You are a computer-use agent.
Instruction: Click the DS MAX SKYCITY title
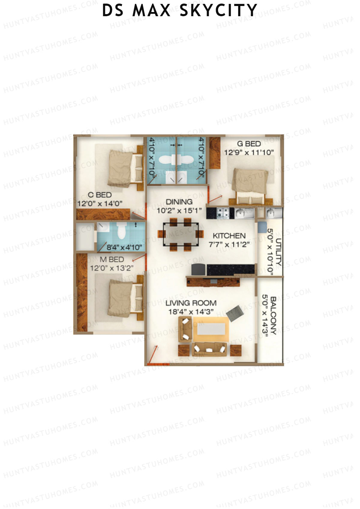pyautogui.click(x=179, y=10)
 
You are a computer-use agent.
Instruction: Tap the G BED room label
pyautogui.click(x=249, y=144)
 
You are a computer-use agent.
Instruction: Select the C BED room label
pyautogui.click(x=100, y=195)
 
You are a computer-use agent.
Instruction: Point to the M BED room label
pyautogui.click(x=112, y=259)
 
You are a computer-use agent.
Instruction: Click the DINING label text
pyautogui.click(x=179, y=202)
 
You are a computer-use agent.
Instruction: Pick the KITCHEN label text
pyautogui.click(x=229, y=236)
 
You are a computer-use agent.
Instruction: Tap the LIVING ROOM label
pyautogui.click(x=191, y=303)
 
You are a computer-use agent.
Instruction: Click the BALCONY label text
pyautogui.click(x=273, y=316)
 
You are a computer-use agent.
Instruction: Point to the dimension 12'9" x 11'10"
pyautogui.click(x=249, y=152)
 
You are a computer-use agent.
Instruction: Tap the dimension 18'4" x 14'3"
pyautogui.click(x=191, y=312)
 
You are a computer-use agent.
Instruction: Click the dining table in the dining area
pyautogui.click(x=181, y=234)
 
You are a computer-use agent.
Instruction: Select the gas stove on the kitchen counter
pyautogui.click(x=223, y=213)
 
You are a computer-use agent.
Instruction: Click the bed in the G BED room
pyautogui.click(x=250, y=185)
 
